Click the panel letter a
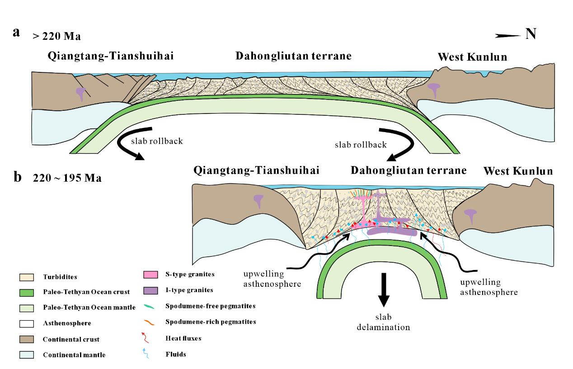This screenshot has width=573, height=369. coord(17,33)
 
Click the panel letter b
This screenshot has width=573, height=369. coord(18,177)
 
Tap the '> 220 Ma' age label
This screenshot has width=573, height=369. coord(56,37)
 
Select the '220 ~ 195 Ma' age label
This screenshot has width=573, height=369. coord(67,178)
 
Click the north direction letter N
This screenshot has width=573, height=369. coord(531,33)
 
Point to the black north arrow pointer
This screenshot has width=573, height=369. coord(508,35)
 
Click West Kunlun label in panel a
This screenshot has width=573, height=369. coord(472,57)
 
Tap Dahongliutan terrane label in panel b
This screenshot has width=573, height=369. coord(408,170)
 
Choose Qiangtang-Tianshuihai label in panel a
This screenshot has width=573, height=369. coord(111,56)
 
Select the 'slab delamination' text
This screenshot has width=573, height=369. coord(383,322)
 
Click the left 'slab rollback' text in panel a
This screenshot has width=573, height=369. coord(157,141)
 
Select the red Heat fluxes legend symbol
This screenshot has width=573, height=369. coord(150,337)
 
